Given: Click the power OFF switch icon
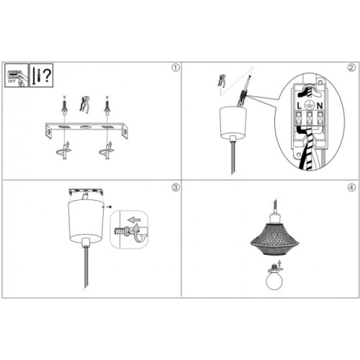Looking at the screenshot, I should click(x=14, y=74).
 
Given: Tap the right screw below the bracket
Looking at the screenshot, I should click(x=109, y=153).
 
